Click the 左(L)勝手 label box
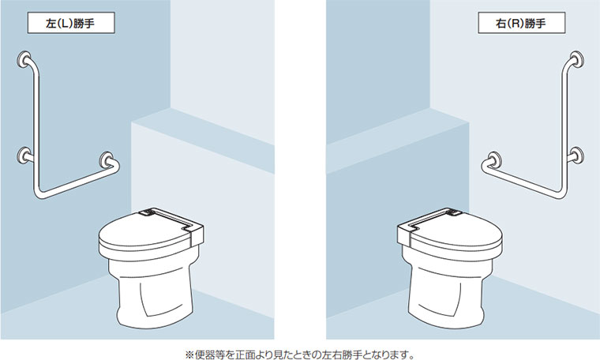coord(71,23)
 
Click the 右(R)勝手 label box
coord(522,23)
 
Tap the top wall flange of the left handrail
coord(24,59)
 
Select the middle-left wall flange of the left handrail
coord(24,156)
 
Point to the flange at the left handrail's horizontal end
coord(107,160)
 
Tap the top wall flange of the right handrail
coord(576,60)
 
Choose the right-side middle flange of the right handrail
coord(576,156)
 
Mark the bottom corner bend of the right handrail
coord(561,193)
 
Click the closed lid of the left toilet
coord(145,234)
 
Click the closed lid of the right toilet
coord(456,234)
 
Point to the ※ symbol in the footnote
coord(189,354)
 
